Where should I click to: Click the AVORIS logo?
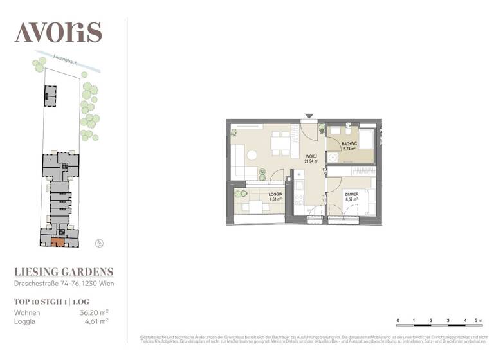[x=58, y=32]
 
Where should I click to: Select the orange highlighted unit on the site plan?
[x=58, y=242]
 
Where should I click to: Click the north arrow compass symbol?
[x=98, y=243]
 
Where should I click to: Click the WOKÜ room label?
[x=311, y=156]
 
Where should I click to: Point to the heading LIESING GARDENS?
[x=64, y=272]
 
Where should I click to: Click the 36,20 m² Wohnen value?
[x=93, y=313]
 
